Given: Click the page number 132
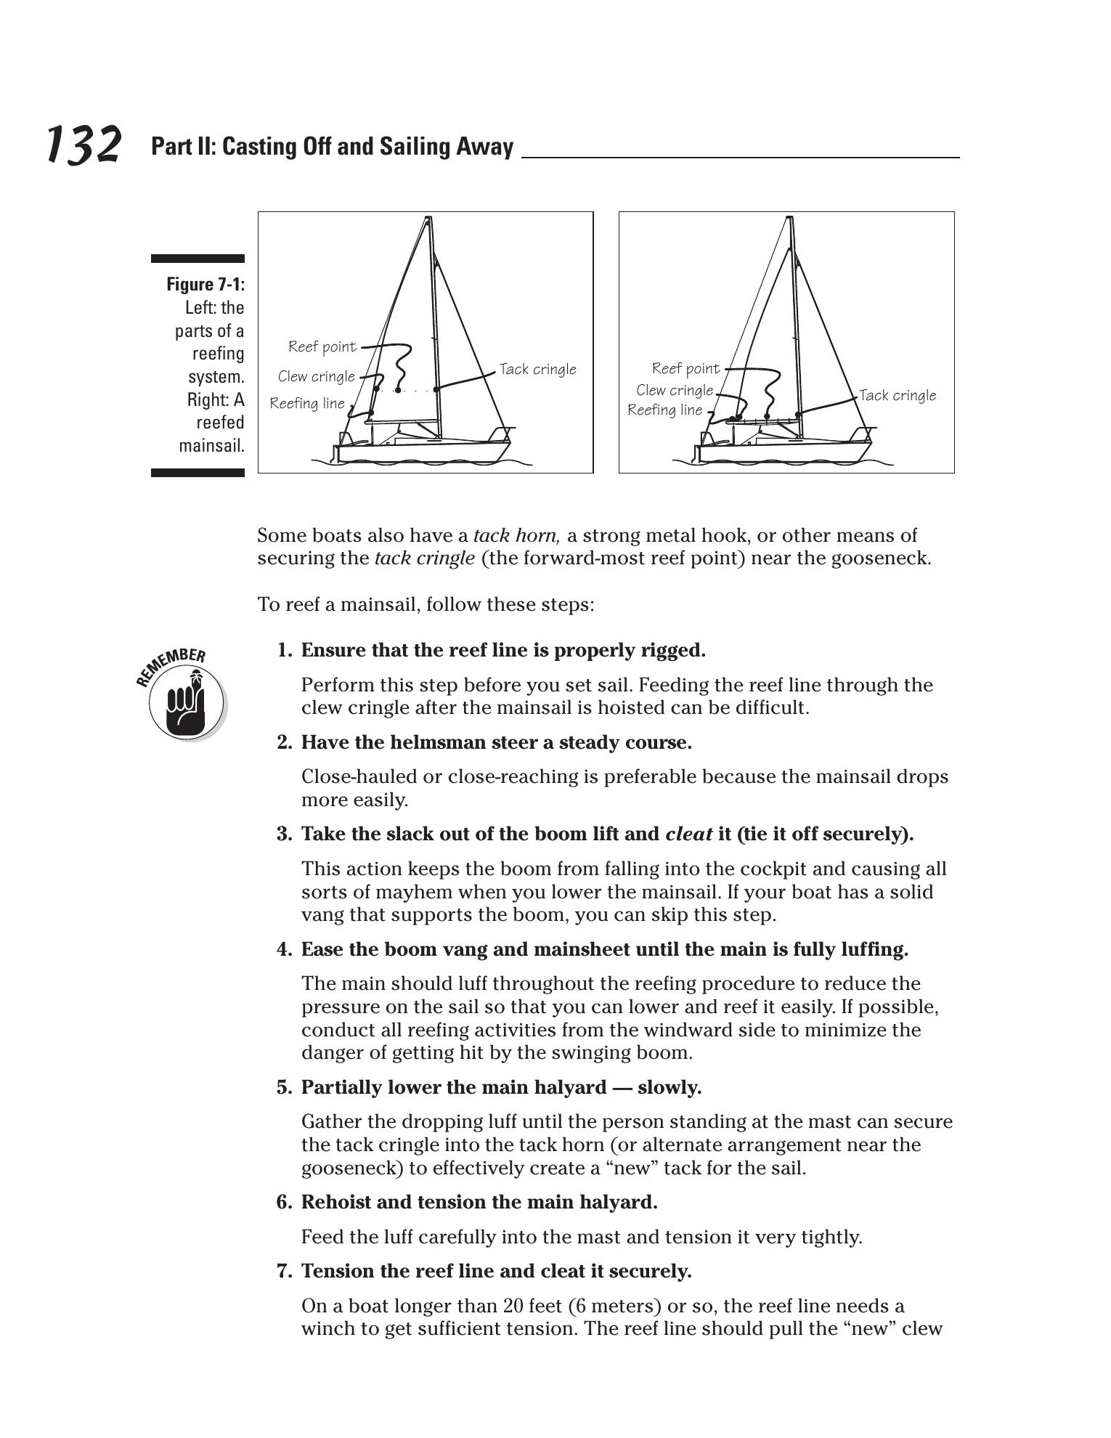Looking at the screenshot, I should pos(84,145).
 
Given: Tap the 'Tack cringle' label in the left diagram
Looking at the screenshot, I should pos(537,370).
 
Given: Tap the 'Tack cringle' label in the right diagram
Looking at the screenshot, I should pos(898,396).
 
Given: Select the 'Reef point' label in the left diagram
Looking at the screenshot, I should pos(322,346).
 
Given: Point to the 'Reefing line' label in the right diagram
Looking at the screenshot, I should pos(664,410).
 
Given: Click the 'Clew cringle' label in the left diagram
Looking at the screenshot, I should pos(317,376).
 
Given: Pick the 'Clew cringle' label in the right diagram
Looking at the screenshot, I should pos(675,391).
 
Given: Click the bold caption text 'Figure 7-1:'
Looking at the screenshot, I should pos(205,284).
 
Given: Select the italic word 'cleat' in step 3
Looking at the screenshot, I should pos(688,834).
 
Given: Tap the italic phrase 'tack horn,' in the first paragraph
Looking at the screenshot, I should pos(516,536).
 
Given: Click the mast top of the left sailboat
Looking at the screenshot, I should pos(428,219).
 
